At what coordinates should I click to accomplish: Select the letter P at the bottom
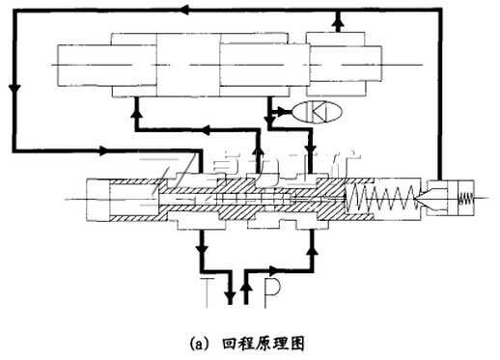click(x=274, y=290)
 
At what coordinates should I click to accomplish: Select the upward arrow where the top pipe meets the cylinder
click(x=334, y=19)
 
